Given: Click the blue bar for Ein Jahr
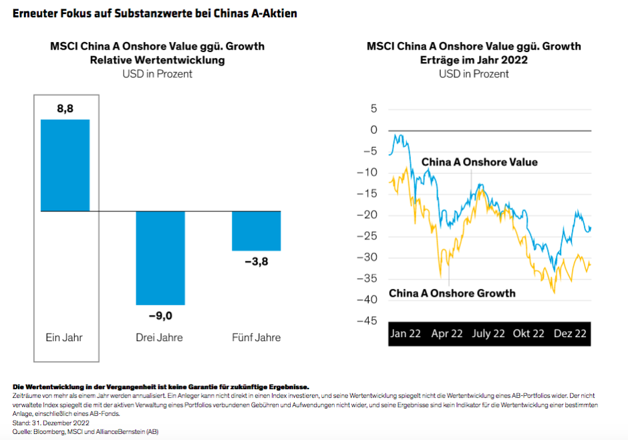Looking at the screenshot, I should (65, 165).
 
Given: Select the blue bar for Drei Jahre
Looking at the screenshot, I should (160, 257).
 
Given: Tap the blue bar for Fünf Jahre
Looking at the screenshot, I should (256, 231).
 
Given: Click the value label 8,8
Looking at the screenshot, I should (65, 108).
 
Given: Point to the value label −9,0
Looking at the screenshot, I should (160, 316).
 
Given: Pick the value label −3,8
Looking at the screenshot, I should (256, 261).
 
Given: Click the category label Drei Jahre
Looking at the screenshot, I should (160, 337).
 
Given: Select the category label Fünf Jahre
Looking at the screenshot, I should (256, 337).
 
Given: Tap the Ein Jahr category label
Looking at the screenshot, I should (65, 337).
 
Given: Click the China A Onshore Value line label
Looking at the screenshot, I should (479, 162).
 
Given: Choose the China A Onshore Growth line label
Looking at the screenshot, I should (452, 293).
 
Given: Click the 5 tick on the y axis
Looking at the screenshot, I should (373, 108).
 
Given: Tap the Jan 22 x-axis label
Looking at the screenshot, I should (406, 333).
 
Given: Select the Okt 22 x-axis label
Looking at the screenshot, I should (528, 333).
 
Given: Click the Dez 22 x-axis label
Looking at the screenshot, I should (570, 333).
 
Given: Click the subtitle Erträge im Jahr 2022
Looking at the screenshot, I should (474, 60).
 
